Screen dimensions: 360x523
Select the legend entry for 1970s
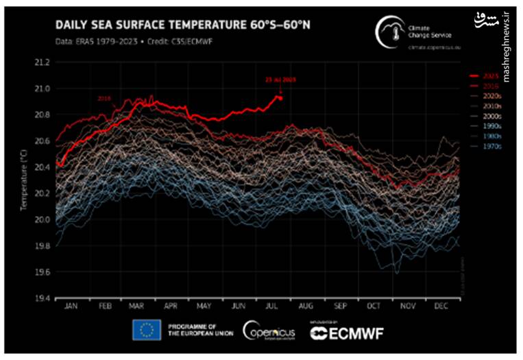491,145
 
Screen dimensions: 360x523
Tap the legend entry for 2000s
491,117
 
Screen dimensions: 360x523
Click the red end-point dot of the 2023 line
280,97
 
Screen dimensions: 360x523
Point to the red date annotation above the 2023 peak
280,80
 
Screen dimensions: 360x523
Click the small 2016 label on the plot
105,99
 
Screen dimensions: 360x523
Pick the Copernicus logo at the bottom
269,331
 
